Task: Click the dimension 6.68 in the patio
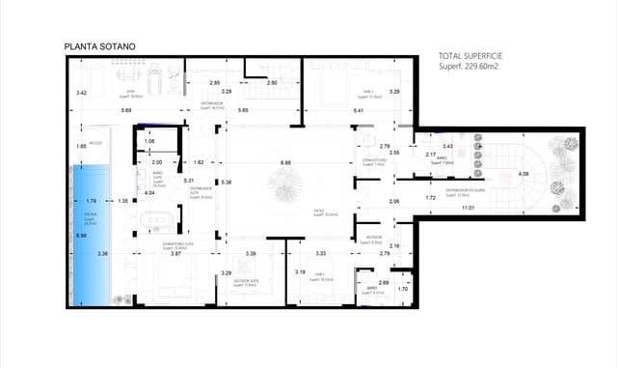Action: click(x=285, y=162)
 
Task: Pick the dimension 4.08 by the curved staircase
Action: click(x=523, y=174)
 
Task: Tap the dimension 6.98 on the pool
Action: click(x=81, y=235)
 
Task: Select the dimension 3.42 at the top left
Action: click(x=82, y=93)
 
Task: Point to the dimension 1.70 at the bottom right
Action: click(x=403, y=288)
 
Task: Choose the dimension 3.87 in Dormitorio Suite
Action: click(x=176, y=253)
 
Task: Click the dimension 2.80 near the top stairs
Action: click(x=272, y=83)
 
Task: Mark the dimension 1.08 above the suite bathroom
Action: click(x=149, y=142)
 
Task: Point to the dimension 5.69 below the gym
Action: click(x=126, y=111)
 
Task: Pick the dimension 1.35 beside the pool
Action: click(x=122, y=201)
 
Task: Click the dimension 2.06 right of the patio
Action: click(x=393, y=201)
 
